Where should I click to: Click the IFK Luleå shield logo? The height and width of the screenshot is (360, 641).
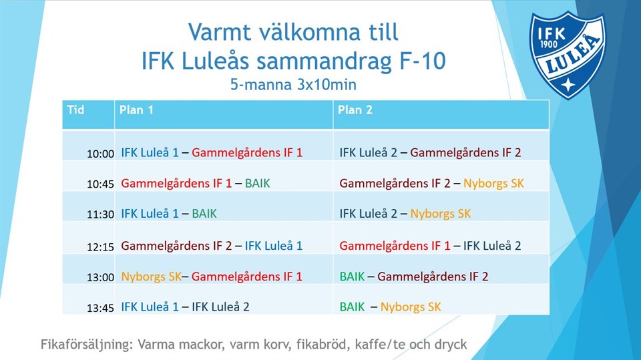(568, 55)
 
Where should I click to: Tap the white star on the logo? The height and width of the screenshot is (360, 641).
(568, 85)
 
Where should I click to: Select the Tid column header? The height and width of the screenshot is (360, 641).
(75, 110)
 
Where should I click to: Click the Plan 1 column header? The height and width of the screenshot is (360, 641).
(136, 110)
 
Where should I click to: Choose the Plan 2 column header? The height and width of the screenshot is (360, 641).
(355, 110)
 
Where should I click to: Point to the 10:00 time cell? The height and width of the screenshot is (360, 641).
(100, 154)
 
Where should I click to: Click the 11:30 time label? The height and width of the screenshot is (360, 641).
(100, 214)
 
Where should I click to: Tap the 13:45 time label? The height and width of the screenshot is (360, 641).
(100, 308)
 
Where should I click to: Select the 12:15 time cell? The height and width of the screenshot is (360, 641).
(100, 246)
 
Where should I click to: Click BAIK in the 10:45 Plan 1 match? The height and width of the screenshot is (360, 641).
(258, 183)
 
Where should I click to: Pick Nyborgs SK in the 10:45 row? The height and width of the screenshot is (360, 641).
(493, 183)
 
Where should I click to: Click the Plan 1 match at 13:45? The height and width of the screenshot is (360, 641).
(185, 307)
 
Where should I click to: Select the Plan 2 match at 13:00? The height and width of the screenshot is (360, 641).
(414, 277)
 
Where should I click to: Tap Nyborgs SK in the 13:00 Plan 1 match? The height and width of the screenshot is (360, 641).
(152, 277)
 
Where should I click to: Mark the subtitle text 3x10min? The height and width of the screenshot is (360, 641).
(327, 85)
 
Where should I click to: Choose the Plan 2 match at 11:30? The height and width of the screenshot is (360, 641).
(405, 214)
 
